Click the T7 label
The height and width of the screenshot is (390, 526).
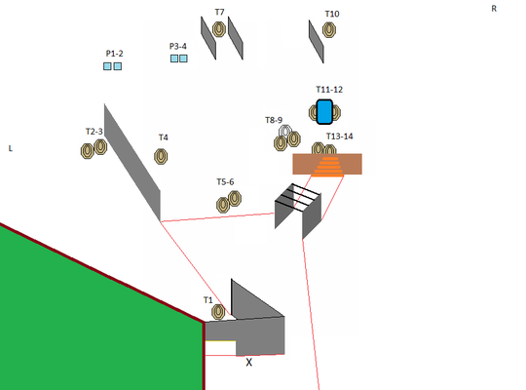point(219,12)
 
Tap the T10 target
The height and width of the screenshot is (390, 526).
point(329,30)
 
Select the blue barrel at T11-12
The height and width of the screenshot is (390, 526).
point(324,112)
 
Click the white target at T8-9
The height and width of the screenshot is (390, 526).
point(285,131)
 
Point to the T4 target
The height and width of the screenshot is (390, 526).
point(161,157)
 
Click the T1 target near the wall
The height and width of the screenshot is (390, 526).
point(218,312)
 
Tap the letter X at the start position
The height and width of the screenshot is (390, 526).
point(249,362)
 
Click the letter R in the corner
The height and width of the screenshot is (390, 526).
point(494,9)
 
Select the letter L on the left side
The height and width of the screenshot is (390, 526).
point(11,148)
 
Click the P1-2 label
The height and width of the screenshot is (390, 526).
point(114,54)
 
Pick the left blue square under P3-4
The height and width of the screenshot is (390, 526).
point(174,58)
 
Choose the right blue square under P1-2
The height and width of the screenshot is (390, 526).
point(118,66)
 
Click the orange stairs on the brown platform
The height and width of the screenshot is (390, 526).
point(328,167)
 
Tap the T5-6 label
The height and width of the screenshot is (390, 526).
point(225,182)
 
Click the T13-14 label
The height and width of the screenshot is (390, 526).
point(340,136)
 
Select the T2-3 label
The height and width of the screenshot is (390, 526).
point(94,132)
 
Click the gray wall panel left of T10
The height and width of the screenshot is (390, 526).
point(316,42)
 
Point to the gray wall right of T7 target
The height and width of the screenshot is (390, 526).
point(236,38)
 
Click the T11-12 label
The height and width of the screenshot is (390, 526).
point(329,90)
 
